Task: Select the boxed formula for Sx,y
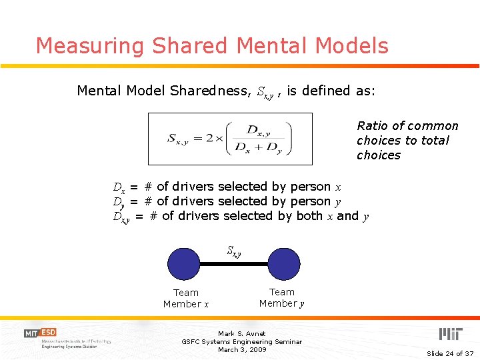coord(230,139)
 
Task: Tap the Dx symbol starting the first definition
coord(119,187)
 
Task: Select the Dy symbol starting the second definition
coord(119,202)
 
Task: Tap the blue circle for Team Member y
coord(284,264)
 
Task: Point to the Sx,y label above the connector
coord(233,251)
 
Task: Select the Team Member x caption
coord(186,298)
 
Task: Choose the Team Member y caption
coord(282,297)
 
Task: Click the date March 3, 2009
coord(241,349)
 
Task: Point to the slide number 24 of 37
coord(450,353)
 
